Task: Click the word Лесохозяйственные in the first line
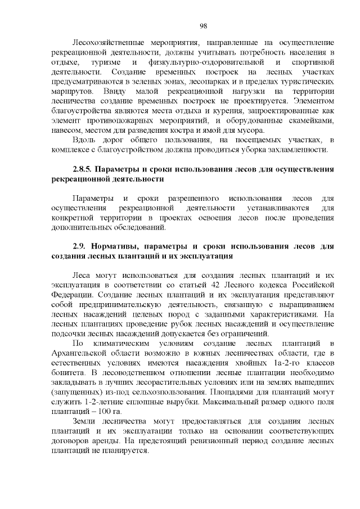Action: (108, 43)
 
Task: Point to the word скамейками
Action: (311, 121)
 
